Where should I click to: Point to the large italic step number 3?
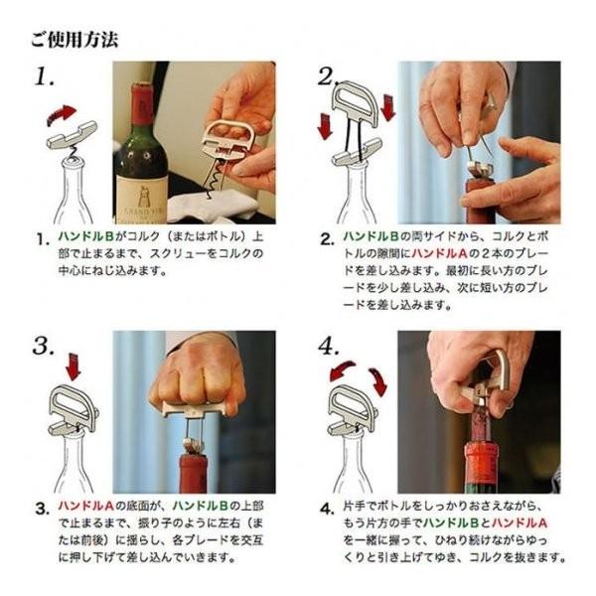[45, 346]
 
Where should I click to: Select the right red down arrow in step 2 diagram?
[387, 108]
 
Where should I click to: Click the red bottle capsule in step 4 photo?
[482, 463]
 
